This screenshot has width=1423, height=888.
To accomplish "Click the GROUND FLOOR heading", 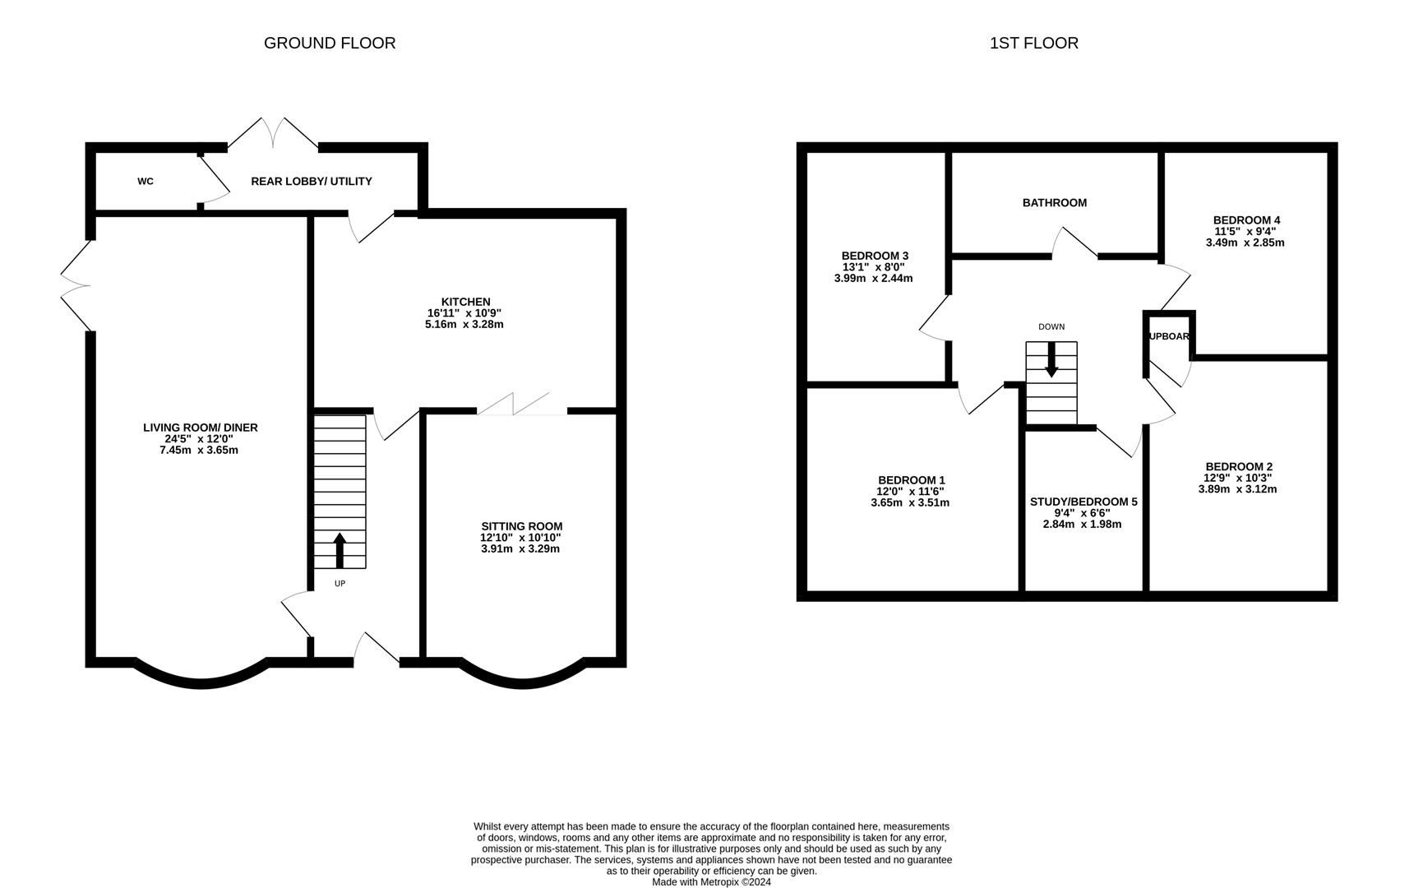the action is click(x=330, y=43).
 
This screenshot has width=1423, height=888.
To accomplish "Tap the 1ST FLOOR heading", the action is click(x=1034, y=43).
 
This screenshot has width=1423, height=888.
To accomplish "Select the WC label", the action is click(x=146, y=182).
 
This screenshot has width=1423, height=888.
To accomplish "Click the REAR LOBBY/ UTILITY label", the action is click(x=312, y=182).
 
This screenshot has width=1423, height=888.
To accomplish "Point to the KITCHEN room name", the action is click(x=465, y=302).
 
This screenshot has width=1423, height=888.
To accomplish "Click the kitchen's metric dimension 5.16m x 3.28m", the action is click(x=464, y=324).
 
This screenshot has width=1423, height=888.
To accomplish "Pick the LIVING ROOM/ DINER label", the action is click(x=201, y=428).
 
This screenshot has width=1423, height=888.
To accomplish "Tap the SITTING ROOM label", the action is click(x=522, y=526).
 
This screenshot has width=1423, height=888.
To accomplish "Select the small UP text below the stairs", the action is click(x=340, y=584).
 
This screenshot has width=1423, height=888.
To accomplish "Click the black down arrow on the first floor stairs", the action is click(x=1051, y=360).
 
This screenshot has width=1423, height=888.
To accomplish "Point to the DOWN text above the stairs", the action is click(x=1051, y=326).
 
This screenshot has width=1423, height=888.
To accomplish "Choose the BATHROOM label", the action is click(x=1055, y=202).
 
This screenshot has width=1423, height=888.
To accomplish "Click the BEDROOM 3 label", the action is click(x=875, y=256).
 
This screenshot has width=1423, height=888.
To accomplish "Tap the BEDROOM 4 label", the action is click(x=1246, y=220).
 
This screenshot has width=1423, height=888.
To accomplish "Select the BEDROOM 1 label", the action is click(x=912, y=480).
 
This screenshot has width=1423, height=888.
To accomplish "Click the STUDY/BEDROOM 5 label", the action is click(x=1083, y=502).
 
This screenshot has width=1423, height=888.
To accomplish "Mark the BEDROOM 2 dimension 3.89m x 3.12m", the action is click(x=1237, y=489).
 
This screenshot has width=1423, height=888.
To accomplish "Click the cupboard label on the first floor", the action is click(x=1169, y=336).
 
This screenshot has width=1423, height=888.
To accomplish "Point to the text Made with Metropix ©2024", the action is click(x=712, y=882).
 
